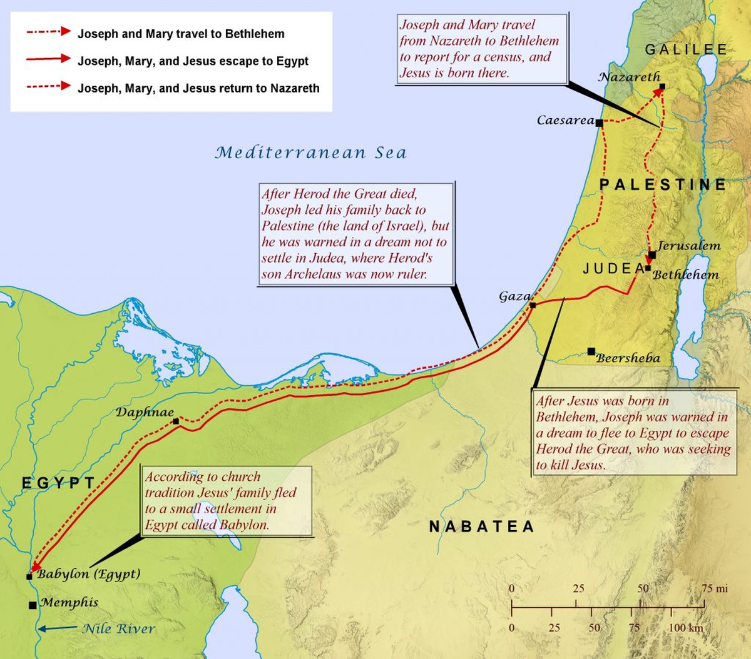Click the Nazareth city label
point(629,77)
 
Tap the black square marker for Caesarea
point(599,123)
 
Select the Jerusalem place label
point(688,246)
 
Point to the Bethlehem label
point(685,274)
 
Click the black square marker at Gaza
point(533,305)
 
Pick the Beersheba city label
point(628,358)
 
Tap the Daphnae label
point(144,412)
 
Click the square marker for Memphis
point(33,605)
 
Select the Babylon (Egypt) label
point(88,574)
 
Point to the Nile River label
point(118,629)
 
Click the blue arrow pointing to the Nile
point(57,628)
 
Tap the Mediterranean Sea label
point(310,153)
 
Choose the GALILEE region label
point(686,50)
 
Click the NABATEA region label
point(481,526)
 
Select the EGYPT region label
point(58,483)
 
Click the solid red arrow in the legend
point(48,59)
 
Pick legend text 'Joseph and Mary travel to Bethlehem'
point(181,34)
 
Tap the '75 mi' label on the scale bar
point(714,588)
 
